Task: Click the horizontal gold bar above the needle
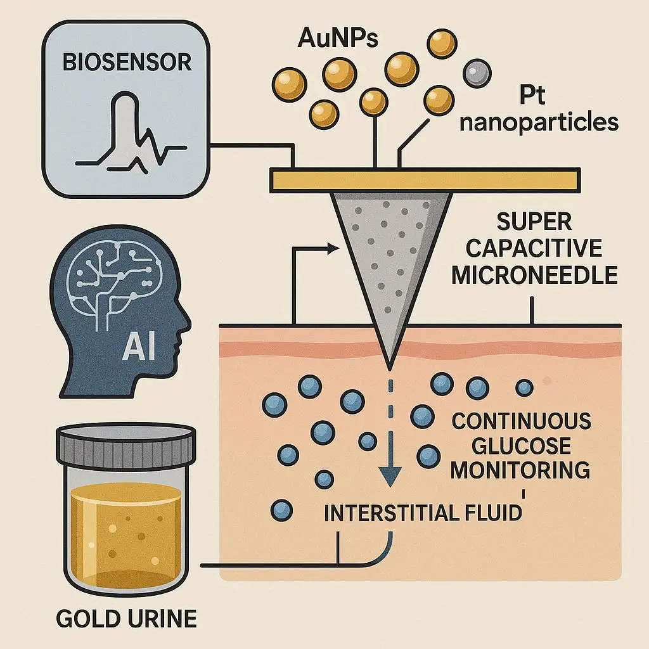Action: pyautogui.click(x=424, y=180)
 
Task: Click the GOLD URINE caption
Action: pyautogui.click(x=127, y=617)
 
